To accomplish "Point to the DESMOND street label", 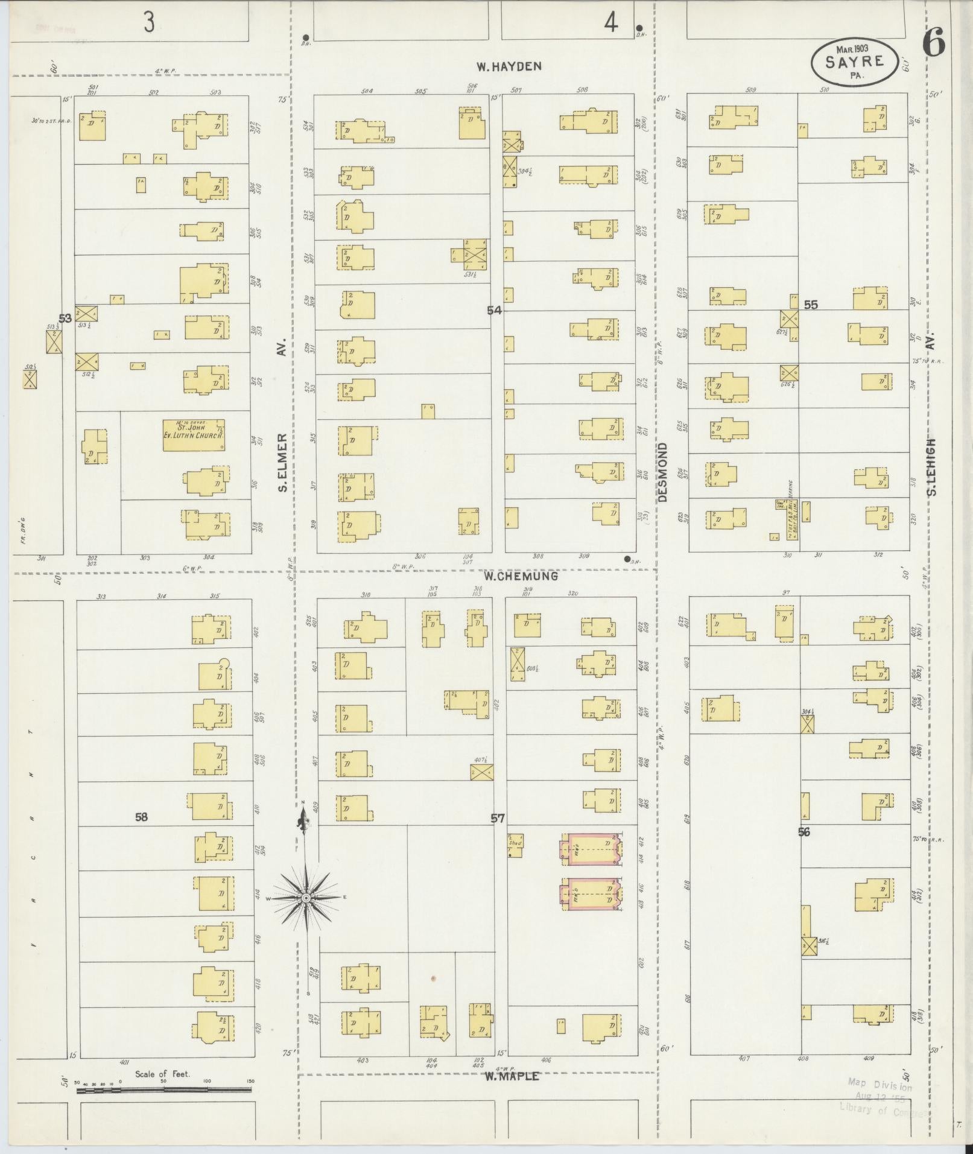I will (663, 472).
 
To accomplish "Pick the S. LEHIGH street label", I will (932, 468).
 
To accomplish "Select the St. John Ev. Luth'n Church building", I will (194, 435).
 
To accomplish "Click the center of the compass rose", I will (306, 898).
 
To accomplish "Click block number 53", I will (65, 318).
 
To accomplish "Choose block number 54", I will (495, 310).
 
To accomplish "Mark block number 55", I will (811, 305).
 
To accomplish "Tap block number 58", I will (141, 817).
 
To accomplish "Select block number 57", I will (497, 818).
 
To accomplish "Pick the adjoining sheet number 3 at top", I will (149, 23).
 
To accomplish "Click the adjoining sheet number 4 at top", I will (611, 23).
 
